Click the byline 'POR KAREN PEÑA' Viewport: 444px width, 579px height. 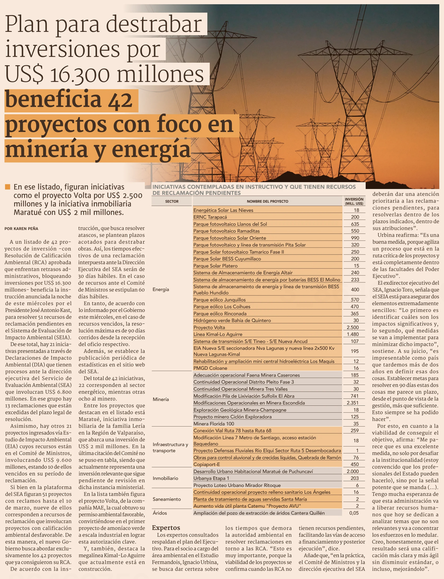coord(21,229)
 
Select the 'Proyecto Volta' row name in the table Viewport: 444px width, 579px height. coord(209,327)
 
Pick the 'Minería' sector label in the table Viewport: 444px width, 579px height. coord(161,399)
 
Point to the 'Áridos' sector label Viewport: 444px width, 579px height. coord(160,513)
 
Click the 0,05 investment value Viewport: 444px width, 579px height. coord(354,513)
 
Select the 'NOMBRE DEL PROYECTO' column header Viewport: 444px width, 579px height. coord(268,201)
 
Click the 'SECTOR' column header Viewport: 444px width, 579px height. coord(172,201)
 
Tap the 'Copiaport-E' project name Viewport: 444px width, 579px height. coord(206,464)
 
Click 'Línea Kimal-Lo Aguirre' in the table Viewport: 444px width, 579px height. coord(218,334)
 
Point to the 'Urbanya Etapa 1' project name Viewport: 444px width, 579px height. coord(211,478)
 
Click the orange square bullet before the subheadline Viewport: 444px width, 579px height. coord(7,187)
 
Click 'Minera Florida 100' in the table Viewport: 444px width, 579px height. coord(214,424)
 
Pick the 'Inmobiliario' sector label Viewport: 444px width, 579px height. coord(165,478)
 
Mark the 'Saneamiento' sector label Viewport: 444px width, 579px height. coord(167,499)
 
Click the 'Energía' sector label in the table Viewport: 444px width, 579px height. coord(161,289)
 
